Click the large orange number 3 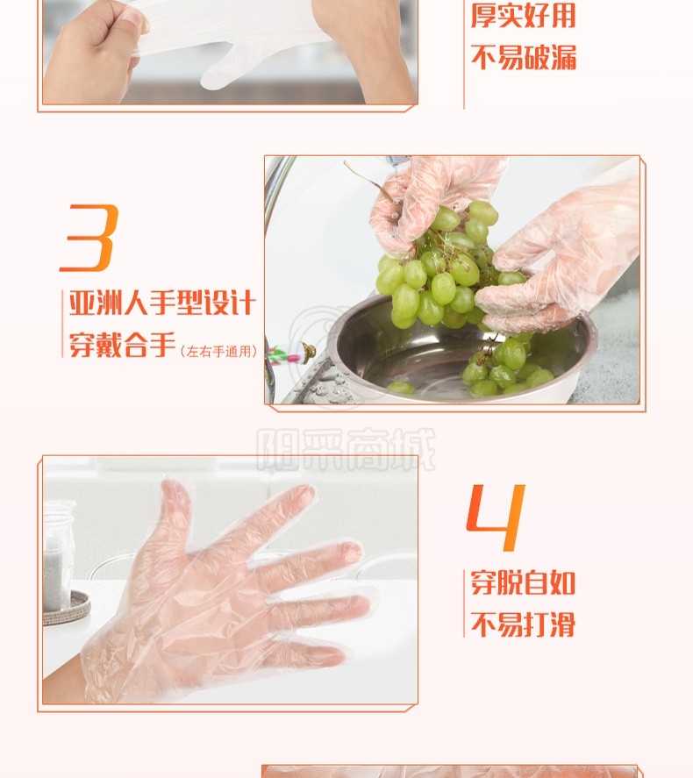click(89, 237)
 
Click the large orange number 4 click(496, 517)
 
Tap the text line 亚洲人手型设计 click(162, 303)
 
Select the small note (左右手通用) click(218, 352)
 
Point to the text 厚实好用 click(523, 15)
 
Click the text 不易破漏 click(524, 57)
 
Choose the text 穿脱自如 click(523, 582)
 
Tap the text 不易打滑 click(523, 624)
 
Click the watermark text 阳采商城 click(346, 449)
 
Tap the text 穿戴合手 click(122, 345)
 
